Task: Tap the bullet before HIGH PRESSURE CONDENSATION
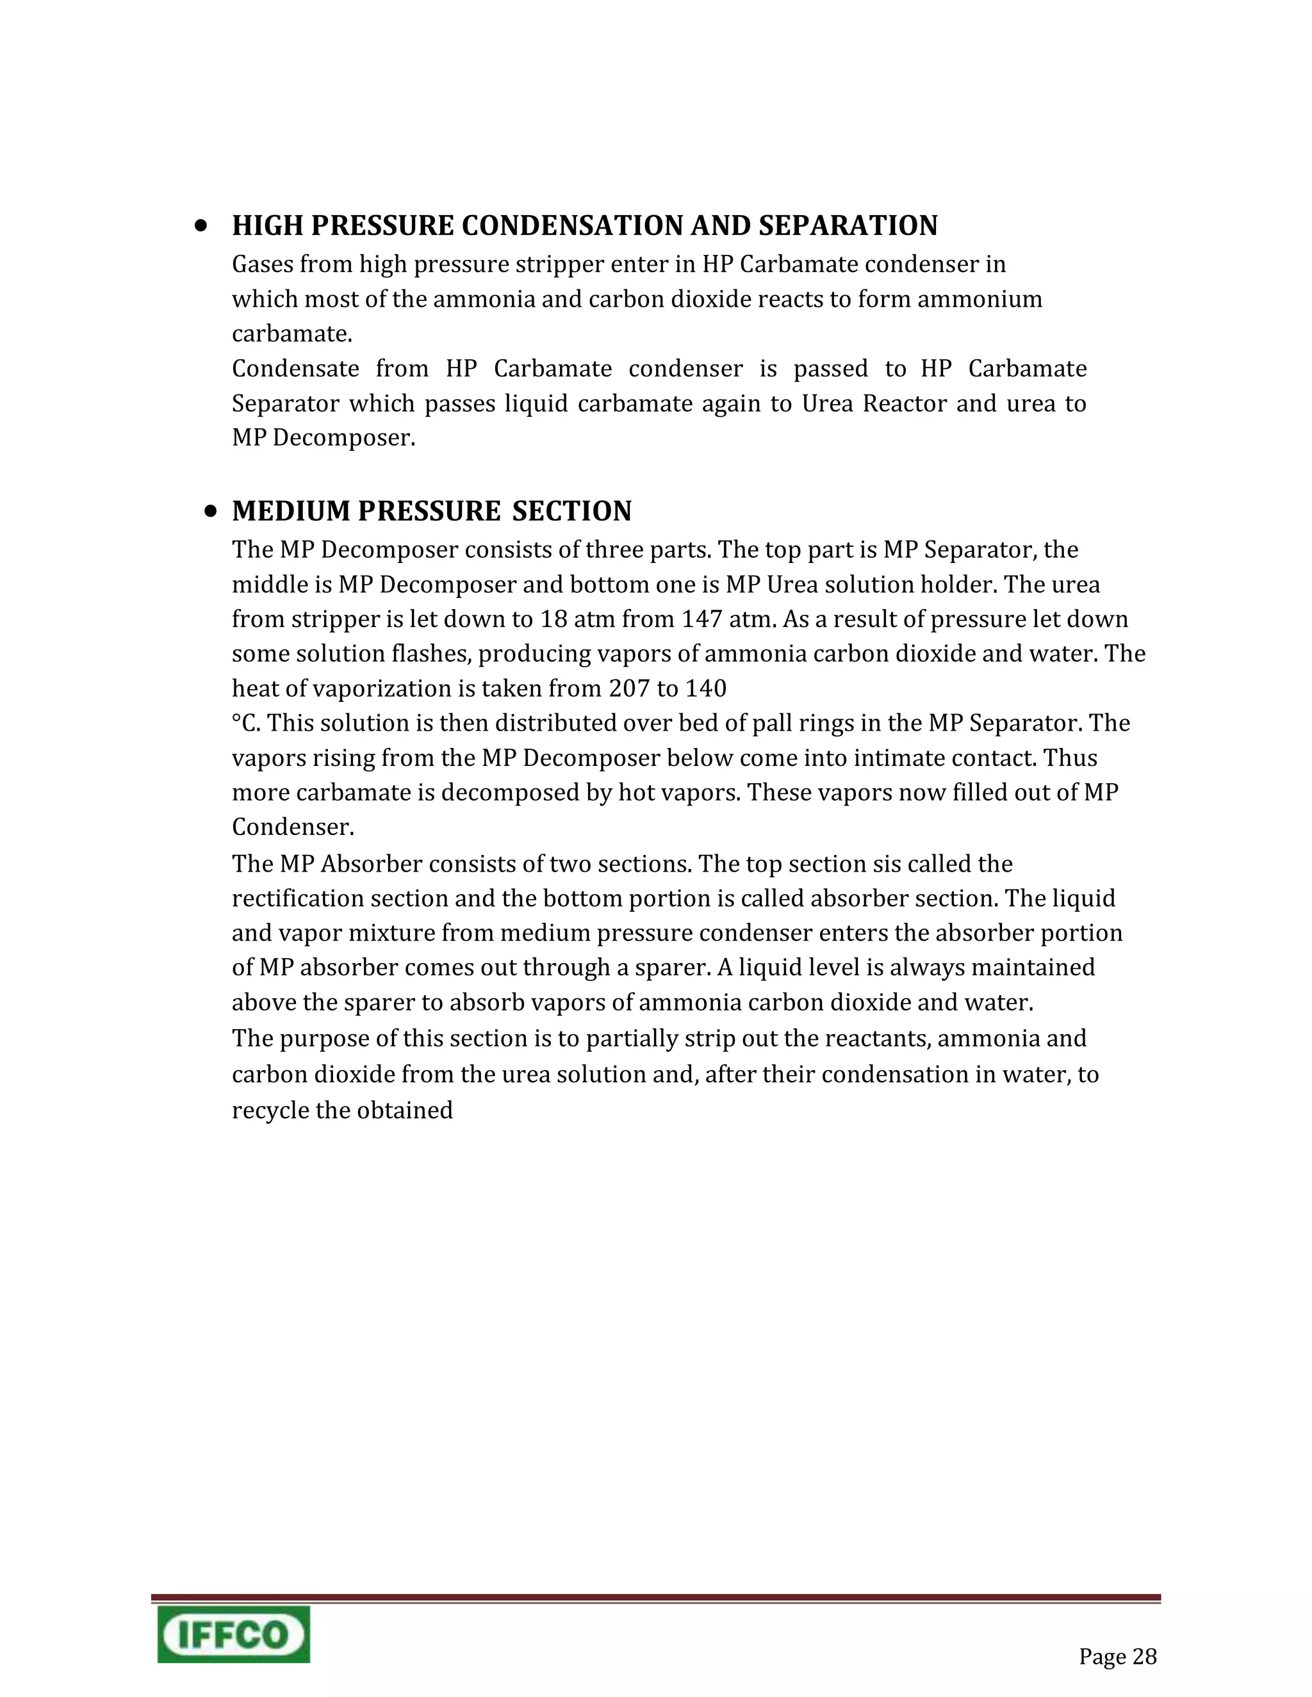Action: tap(201, 226)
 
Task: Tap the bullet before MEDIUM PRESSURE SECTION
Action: tap(211, 511)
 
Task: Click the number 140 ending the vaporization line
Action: tap(705, 688)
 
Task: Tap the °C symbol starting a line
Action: tap(245, 724)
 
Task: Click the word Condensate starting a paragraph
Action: tap(295, 368)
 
